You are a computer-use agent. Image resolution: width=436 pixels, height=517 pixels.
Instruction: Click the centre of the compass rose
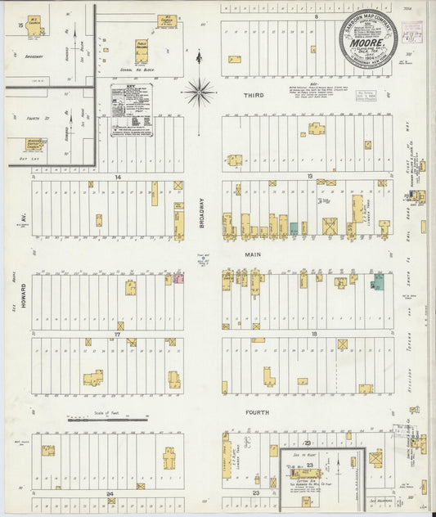pos(199,91)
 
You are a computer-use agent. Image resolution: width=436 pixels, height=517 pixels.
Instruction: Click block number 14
pos(118,176)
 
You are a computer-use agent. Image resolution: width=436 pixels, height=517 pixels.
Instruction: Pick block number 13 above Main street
pos(310,176)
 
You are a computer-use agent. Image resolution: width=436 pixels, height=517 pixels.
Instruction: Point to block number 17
pos(118,335)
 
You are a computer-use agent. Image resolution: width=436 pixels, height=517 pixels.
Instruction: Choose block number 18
pos(313,335)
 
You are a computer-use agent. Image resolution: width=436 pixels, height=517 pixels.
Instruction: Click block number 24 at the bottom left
pos(109,494)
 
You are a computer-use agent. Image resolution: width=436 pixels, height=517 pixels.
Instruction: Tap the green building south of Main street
pos(378,282)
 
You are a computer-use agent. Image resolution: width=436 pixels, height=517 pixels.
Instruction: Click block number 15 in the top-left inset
pos(19,26)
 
